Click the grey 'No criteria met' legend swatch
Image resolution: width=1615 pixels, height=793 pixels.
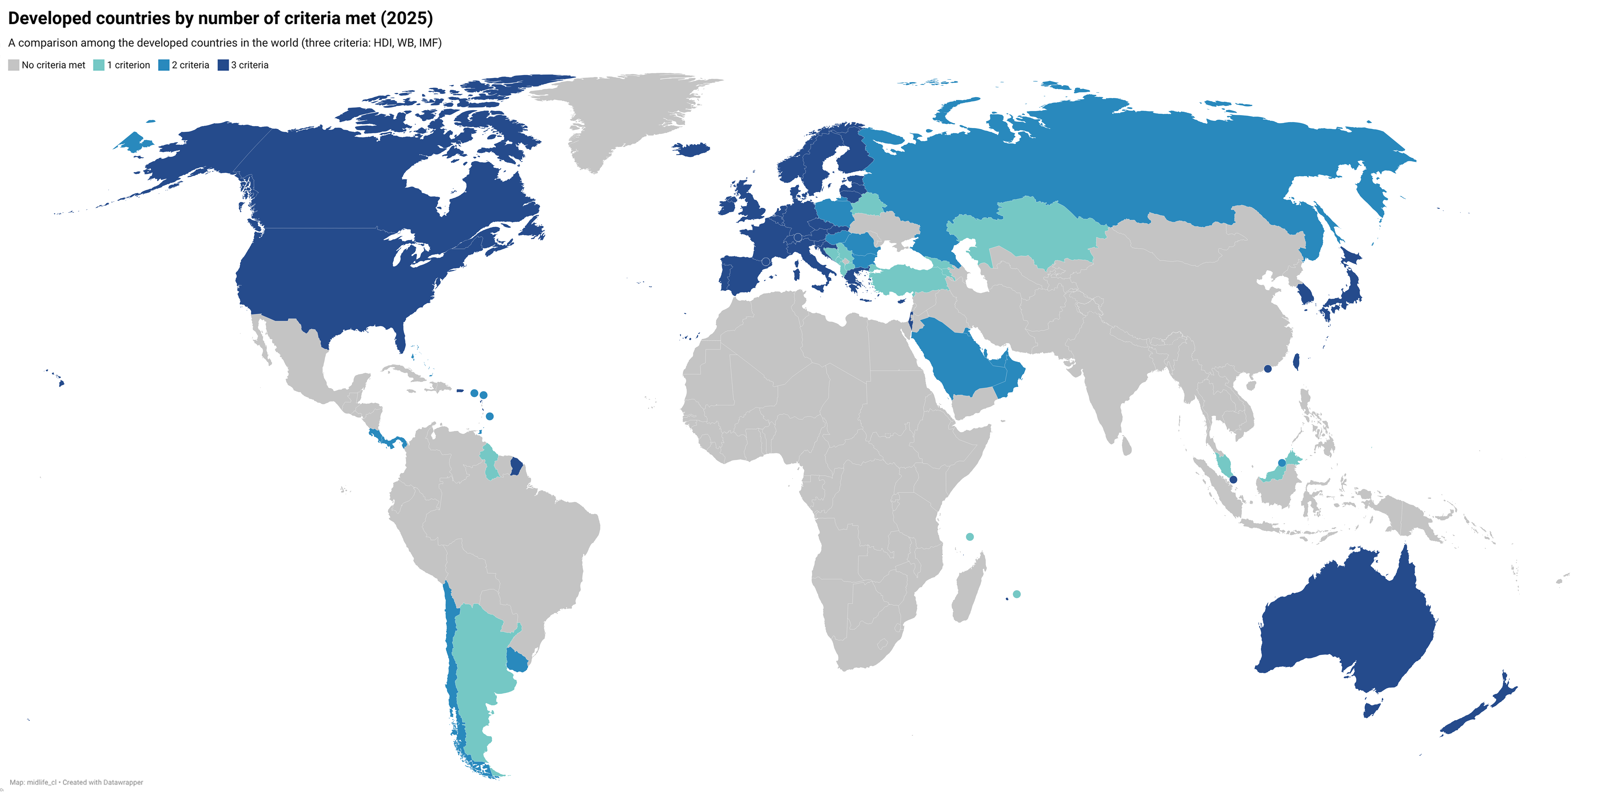pyautogui.click(x=13, y=65)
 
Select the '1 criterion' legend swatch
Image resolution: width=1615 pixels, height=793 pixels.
pyautogui.click(x=98, y=65)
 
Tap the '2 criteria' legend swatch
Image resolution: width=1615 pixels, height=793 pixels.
pyautogui.click(x=164, y=65)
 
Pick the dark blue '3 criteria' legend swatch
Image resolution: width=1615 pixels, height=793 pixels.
pyautogui.click(x=223, y=65)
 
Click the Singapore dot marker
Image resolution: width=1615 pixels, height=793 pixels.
pyautogui.click(x=1233, y=480)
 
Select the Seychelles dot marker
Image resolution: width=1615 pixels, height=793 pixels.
pyautogui.click(x=970, y=537)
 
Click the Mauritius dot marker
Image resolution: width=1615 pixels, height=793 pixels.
pyautogui.click(x=1017, y=594)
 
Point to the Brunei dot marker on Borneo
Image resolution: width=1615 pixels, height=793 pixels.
pyautogui.click(x=1282, y=463)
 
